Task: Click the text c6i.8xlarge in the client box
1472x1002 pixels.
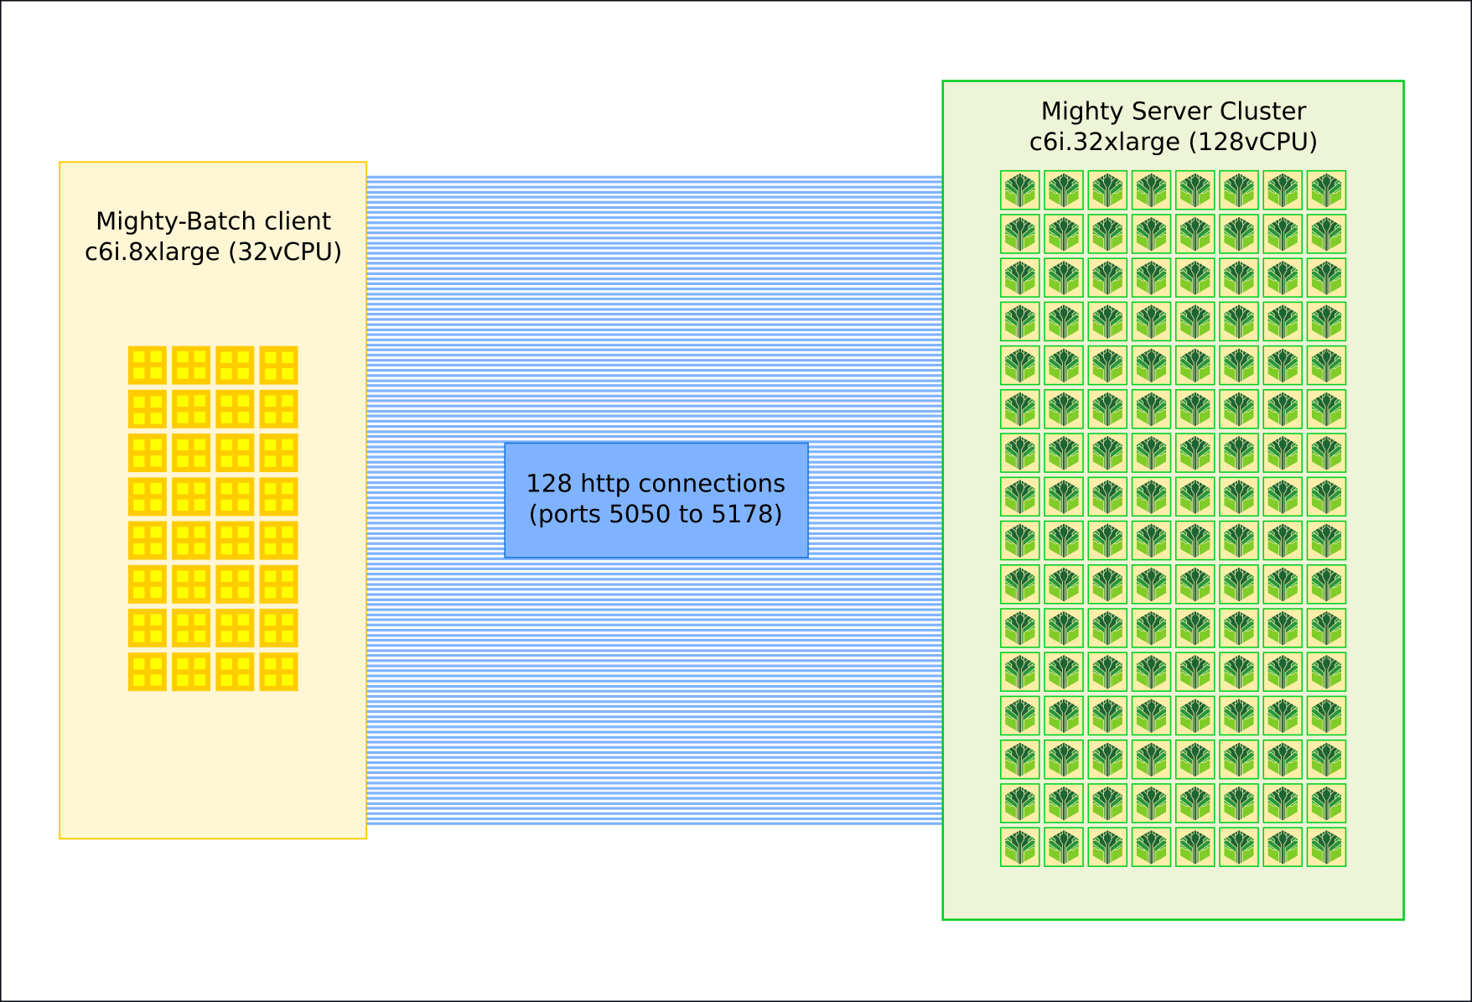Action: click(153, 252)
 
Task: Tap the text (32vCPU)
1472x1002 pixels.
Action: click(285, 252)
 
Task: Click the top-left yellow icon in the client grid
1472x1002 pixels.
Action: click(148, 365)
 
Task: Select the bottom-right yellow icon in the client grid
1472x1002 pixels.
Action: click(278, 672)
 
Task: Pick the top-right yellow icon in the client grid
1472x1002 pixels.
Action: click(278, 365)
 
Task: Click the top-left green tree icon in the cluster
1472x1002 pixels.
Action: click(1020, 190)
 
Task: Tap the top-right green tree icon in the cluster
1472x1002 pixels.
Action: click(1326, 190)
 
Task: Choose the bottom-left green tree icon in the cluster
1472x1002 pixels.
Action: click(1020, 847)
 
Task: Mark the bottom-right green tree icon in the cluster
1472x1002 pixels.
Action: click(1326, 847)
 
